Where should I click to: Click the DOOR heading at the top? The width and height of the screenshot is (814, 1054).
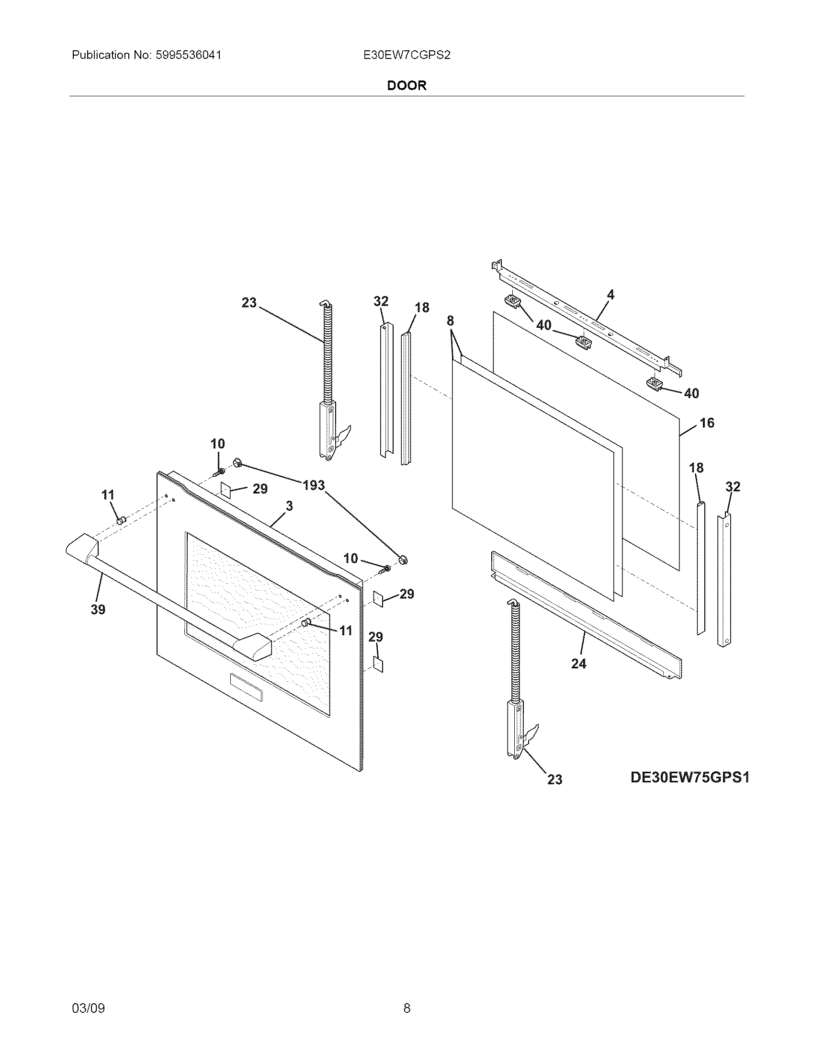pos(407,85)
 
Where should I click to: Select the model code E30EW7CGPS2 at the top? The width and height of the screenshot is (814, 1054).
pos(407,55)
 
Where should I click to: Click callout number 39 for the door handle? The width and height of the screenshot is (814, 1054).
pos(98,609)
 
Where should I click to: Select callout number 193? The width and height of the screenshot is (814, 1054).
pos(314,485)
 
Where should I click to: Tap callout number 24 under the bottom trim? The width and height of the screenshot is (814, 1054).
pos(578,664)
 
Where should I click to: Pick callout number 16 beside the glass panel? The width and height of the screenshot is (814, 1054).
pos(706,423)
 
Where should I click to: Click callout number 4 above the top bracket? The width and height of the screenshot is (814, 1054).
pos(610,294)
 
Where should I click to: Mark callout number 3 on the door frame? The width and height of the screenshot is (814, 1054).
pos(289,506)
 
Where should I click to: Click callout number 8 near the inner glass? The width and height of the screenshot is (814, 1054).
pos(450,321)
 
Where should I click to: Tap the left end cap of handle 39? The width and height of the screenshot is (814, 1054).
pos(81,547)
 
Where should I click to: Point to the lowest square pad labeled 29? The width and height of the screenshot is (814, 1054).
pos(379,665)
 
